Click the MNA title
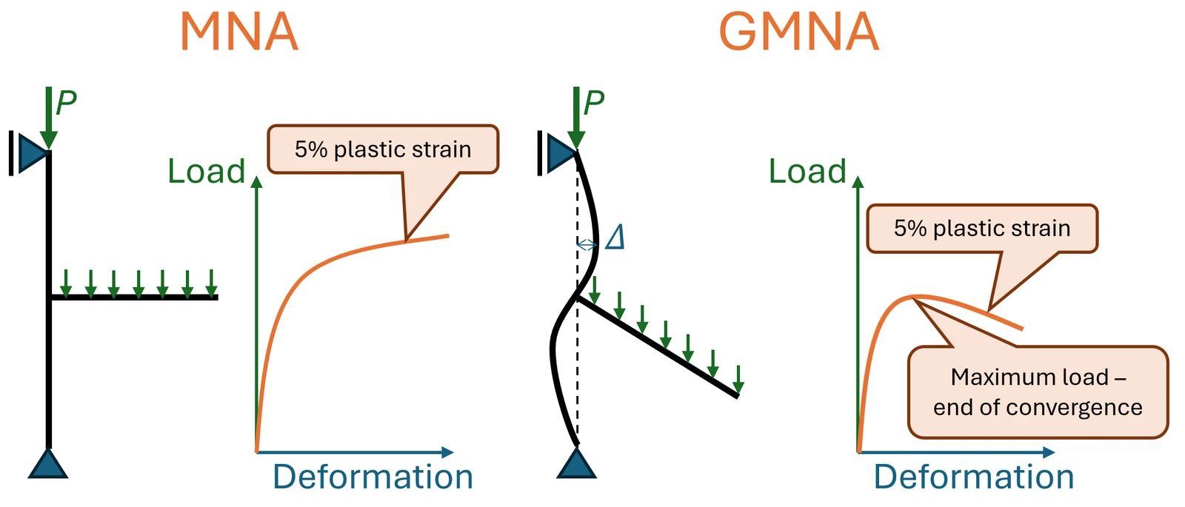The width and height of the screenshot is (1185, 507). pyautogui.click(x=239, y=32)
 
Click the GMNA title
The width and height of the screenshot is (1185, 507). pyautogui.click(x=799, y=32)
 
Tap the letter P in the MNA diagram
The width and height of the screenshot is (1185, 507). pyautogui.click(x=66, y=103)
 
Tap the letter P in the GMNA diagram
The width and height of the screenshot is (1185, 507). pyautogui.click(x=593, y=103)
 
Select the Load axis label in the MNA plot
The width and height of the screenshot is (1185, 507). pyautogui.click(x=207, y=171)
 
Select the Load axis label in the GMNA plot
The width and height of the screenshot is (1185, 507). pyautogui.click(x=807, y=171)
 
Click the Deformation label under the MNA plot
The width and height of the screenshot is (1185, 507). pyautogui.click(x=373, y=477)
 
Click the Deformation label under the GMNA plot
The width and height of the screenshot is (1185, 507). pyautogui.click(x=974, y=477)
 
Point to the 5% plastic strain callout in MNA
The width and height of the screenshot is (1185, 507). pyautogui.click(x=383, y=150)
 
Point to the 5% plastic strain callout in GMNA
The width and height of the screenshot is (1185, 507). pyautogui.click(x=982, y=229)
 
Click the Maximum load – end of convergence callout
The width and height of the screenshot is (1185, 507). pyautogui.click(x=1038, y=392)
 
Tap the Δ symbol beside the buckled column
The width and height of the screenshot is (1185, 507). pyautogui.click(x=615, y=237)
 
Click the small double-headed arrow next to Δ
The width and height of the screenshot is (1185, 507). pyautogui.click(x=587, y=245)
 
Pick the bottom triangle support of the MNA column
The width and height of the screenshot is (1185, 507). pyautogui.click(x=48, y=463)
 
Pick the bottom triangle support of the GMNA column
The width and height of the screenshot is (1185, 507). pyautogui.click(x=577, y=463)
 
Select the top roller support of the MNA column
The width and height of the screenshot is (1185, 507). pyautogui.click(x=30, y=153)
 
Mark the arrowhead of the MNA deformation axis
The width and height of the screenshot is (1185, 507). pyautogui.click(x=447, y=452)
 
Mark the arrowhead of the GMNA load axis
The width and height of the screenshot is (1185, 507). pyautogui.click(x=858, y=182)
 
